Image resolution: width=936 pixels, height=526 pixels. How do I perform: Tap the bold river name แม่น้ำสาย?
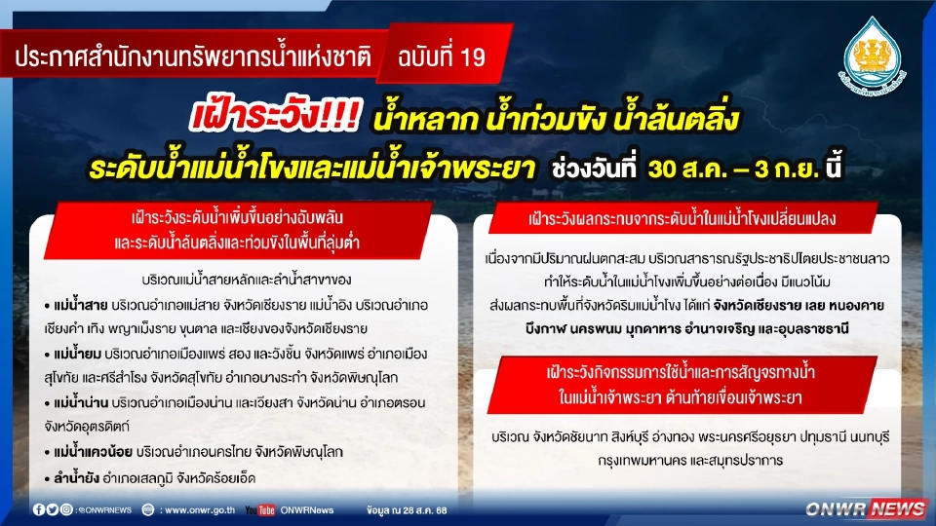80,305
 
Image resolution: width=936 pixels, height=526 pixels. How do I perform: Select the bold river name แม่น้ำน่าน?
81,401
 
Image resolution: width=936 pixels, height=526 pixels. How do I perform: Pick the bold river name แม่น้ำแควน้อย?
93,450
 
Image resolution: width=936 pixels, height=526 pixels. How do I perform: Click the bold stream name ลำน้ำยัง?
76,478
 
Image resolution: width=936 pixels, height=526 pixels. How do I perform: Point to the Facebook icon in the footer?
39,509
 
